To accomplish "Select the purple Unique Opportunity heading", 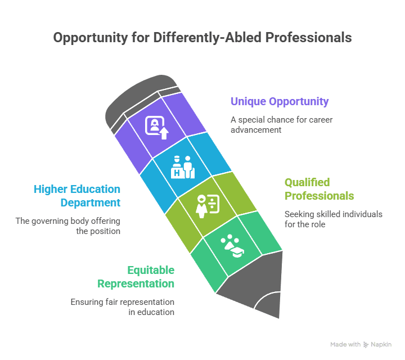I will point(280,102).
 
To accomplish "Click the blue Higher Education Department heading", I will point(77,195).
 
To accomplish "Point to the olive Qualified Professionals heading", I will point(319,189).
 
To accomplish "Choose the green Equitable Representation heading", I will point(136,277).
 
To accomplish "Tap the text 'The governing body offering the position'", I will point(68,226).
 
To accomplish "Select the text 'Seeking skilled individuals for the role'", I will point(333,219).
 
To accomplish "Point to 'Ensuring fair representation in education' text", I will point(122,307).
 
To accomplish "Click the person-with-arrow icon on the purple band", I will point(157,127).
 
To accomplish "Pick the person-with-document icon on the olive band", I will point(206,206).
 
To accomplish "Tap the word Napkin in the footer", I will point(381,344).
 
